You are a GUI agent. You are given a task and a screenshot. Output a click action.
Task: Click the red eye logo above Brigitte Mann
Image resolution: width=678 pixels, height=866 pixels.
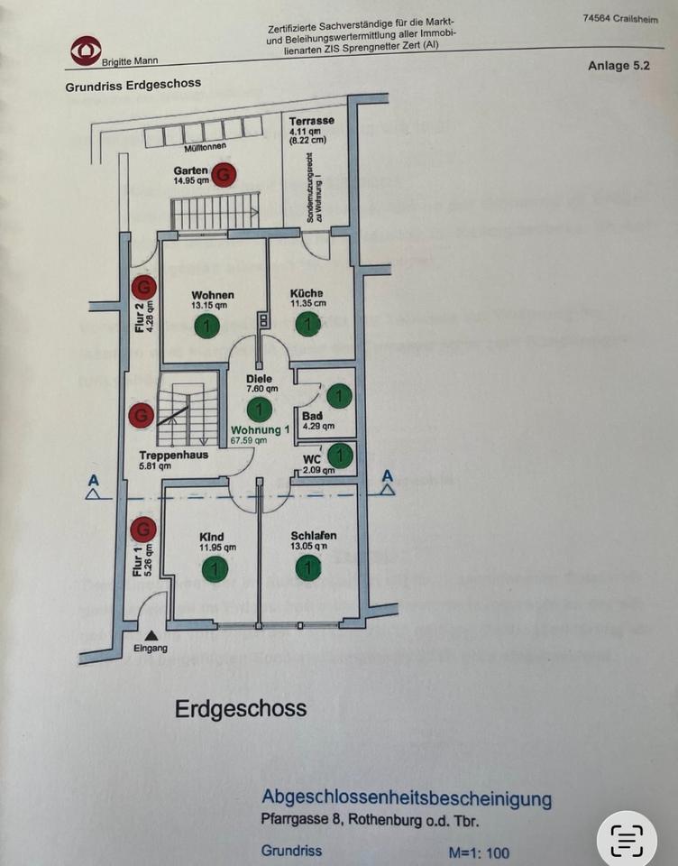coord(87,50)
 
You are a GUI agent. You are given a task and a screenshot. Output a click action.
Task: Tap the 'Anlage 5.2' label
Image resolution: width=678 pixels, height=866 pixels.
coord(618,66)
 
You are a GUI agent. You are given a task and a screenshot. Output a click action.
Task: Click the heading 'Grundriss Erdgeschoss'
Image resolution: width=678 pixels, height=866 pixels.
coord(133,86)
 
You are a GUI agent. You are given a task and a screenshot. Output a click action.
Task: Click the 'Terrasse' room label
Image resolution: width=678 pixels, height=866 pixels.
coord(311,121)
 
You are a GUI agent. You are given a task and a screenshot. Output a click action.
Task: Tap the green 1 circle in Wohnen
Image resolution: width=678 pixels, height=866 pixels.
coord(207,327)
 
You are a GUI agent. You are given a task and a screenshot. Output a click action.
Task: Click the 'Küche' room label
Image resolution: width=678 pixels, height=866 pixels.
coord(307,294)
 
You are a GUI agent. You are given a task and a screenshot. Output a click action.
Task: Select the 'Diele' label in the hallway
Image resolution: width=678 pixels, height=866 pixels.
coord(259,379)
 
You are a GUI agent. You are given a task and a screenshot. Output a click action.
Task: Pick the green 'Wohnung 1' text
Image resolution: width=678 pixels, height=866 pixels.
coord(261,430)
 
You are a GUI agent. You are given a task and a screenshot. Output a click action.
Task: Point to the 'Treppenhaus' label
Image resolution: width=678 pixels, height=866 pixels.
coord(174,456)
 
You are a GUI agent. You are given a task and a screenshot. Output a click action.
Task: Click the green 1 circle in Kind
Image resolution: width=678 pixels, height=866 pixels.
coord(215,568)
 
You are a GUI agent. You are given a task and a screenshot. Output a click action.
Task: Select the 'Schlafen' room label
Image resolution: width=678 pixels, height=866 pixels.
coord(314,536)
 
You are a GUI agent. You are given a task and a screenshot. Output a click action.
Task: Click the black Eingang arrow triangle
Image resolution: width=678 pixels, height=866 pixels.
coord(150,635)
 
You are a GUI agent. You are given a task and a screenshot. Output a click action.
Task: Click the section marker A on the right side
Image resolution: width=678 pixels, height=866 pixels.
coord(388,476)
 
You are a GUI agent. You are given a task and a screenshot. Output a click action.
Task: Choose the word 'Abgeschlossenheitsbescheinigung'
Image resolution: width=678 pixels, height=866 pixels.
coord(407,798)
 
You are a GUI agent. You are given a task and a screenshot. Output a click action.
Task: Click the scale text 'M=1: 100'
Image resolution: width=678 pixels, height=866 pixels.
coord(480,852)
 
